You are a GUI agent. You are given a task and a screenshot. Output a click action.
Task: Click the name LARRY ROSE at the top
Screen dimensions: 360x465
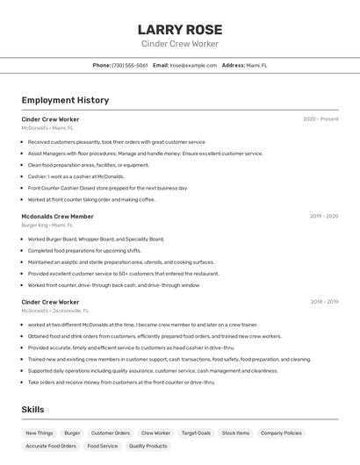coord(180,30)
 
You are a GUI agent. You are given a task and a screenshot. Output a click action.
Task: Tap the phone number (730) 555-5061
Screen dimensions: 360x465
coord(129,65)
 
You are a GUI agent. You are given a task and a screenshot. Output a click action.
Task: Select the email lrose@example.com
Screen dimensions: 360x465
coord(193,65)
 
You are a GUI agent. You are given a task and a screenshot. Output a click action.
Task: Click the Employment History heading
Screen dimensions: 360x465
coord(65,100)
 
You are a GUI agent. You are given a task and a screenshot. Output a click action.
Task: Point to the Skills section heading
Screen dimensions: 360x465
coord(32,410)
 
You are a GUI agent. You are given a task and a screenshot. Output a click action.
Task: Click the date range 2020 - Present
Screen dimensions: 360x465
coord(320,119)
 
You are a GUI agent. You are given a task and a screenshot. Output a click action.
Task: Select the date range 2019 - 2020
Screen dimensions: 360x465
coord(324,216)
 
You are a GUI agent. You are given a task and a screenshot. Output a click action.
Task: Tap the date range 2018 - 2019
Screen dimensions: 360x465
coord(324,302)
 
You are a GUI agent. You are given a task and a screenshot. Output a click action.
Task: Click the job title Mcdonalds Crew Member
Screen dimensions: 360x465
coord(57,216)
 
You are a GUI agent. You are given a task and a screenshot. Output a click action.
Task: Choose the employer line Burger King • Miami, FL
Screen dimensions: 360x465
coord(47,225)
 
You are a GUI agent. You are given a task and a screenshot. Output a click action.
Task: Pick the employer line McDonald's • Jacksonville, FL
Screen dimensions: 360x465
coord(55,311)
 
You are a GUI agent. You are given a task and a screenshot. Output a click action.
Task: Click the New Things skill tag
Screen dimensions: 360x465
coord(40,433)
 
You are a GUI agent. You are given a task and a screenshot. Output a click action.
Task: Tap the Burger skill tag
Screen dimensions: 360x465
coord(72,433)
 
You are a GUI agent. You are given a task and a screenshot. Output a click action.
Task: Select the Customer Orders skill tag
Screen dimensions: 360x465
coord(111,433)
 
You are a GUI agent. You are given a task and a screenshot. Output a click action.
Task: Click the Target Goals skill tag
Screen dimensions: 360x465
coord(196,433)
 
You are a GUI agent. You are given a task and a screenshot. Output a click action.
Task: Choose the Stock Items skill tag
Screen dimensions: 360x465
coord(235,433)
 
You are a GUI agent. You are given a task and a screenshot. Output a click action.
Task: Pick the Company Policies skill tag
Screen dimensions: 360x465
coord(281,433)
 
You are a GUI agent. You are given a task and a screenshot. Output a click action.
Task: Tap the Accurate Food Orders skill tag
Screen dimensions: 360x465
coord(50,446)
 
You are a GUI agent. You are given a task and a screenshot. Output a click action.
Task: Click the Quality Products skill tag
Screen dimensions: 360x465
coord(148,446)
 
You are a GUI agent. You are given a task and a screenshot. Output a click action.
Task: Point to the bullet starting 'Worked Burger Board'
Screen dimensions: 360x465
coord(96,239)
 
